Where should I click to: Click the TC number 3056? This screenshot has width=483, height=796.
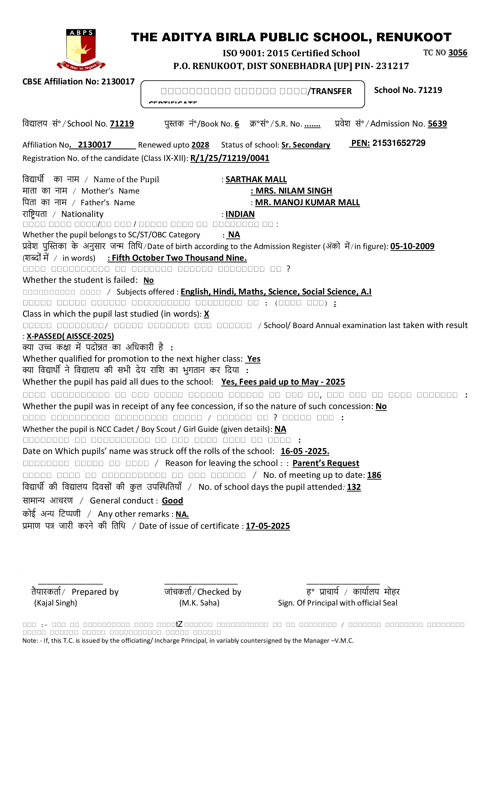coord(457,53)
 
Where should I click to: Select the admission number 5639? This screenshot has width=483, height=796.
coord(437,124)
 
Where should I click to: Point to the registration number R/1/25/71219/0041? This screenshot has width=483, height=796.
coord(230,158)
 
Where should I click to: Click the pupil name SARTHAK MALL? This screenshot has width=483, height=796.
coord(256,179)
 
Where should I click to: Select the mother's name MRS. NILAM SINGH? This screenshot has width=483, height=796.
coord(293,191)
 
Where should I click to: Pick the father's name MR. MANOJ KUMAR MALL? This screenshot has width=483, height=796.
coord(307,202)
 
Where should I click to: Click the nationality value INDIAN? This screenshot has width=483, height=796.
coord(240,214)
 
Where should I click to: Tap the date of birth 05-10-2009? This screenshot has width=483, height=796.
coord(412,246)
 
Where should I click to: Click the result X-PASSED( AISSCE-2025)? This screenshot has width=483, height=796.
coord(70,336)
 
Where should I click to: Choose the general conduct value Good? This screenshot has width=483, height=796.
coord(172,500)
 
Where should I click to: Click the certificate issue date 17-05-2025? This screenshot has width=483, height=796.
coord(268,526)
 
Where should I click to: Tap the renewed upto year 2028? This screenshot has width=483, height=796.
coord(200,145)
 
